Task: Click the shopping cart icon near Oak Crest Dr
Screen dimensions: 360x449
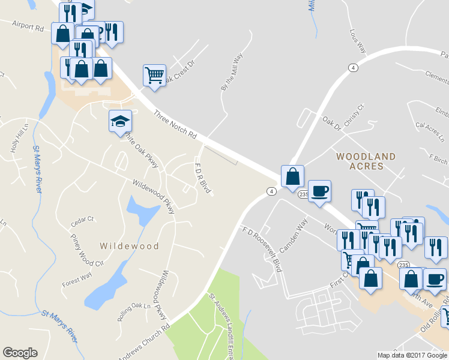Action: (154, 76)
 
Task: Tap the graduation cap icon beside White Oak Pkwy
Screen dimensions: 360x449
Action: (120, 121)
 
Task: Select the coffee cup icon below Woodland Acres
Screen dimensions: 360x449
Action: (319, 191)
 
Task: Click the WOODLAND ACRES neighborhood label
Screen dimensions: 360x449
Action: (366, 161)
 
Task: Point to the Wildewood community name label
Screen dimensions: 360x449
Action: (129, 246)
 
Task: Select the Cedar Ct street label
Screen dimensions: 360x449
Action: (83, 220)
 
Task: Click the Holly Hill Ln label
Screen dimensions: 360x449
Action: (18, 138)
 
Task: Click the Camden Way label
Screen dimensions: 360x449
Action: (293, 235)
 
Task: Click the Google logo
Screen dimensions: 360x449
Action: (20, 353)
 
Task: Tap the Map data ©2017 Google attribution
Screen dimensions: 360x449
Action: (411, 355)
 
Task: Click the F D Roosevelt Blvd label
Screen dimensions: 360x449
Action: (262, 248)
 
